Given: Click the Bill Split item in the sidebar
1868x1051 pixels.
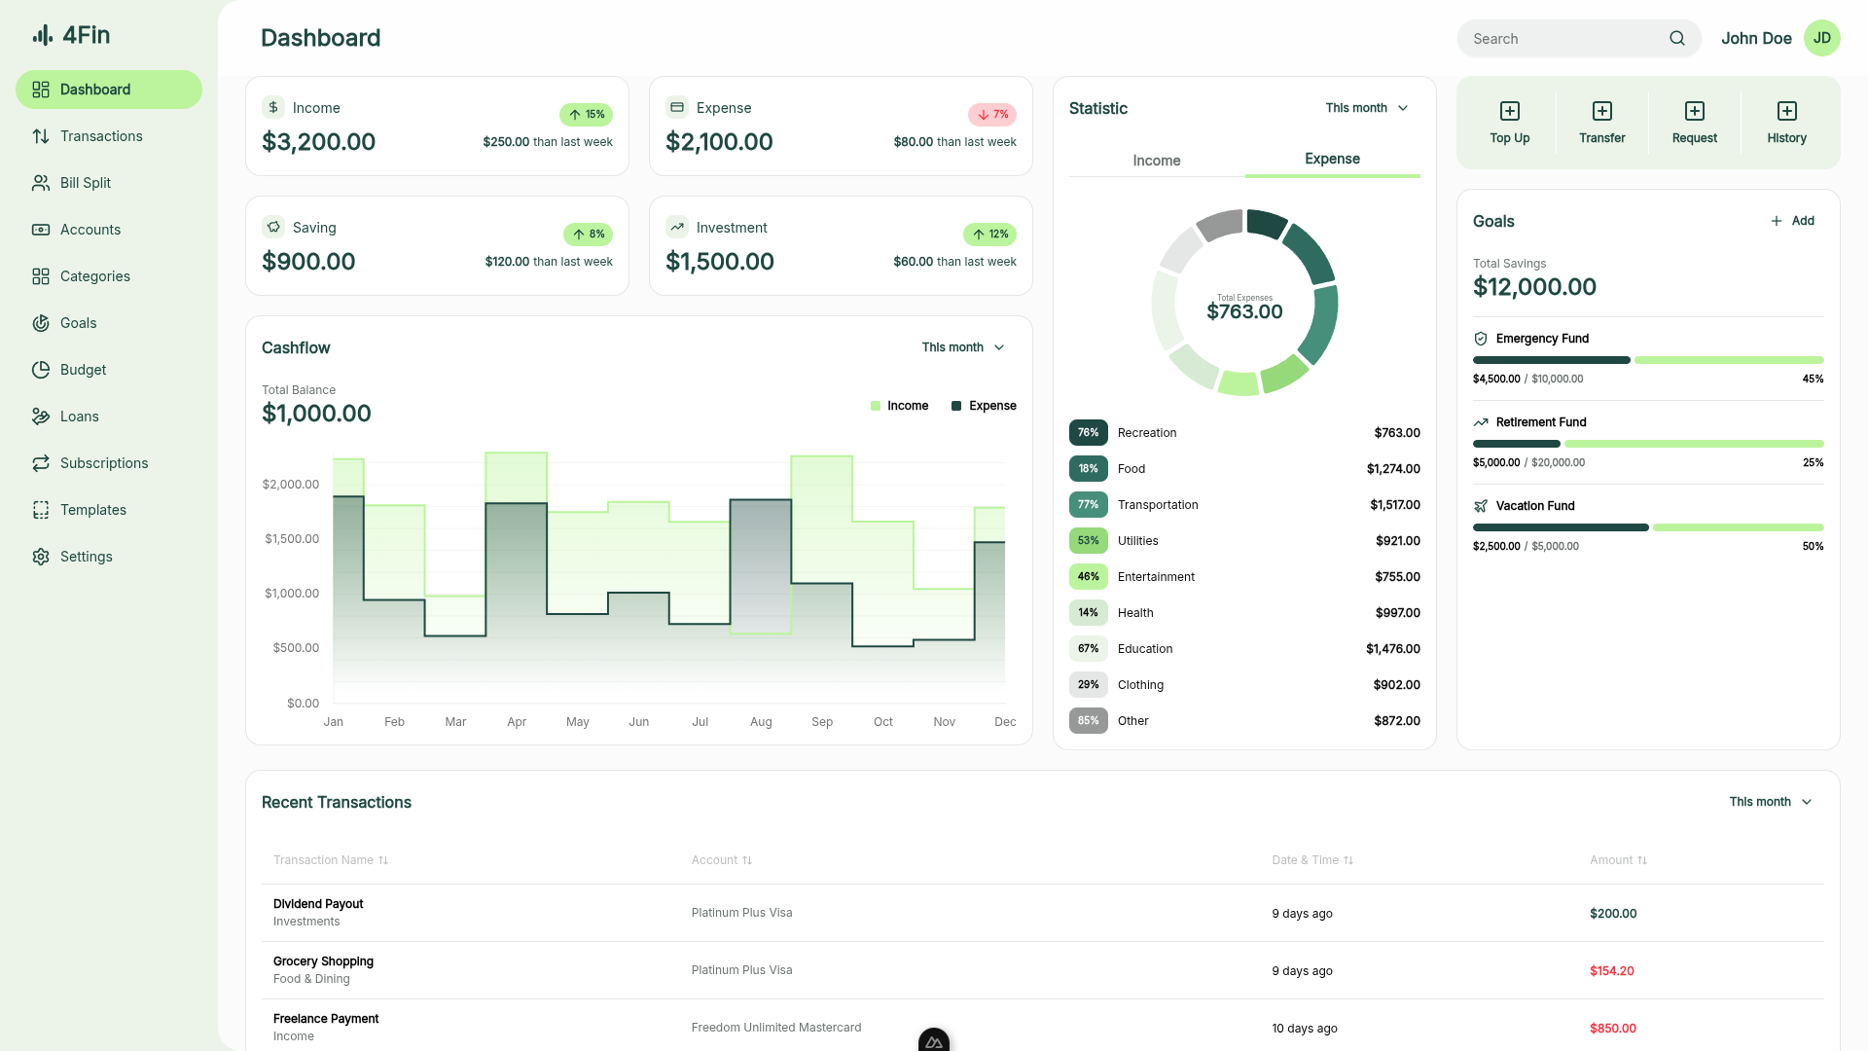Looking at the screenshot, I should [x=86, y=183].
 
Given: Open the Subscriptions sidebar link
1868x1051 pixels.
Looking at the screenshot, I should [x=103, y=463].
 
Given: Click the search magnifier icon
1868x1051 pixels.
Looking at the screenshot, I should [x=1677, y=39].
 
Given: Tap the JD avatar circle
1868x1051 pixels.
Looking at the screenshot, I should [x=1821, y=38].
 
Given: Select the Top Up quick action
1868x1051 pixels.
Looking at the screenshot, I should [x=1509, y=123].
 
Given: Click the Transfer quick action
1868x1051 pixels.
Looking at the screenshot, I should [x=1601, y=123].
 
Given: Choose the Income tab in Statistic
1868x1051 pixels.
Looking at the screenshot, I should [x=1156, y=161].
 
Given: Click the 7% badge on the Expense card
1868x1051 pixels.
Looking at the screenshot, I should [x=992, y=115].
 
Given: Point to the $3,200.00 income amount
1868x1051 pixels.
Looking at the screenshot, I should [x=318, y=142].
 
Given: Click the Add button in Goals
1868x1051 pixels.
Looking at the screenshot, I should [x=1792, y=221].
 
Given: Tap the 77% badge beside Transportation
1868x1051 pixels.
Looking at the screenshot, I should [x=1088, y=505].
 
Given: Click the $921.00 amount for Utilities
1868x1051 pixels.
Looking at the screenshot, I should [x=1397, y=541].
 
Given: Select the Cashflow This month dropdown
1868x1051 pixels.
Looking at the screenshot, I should [x=962, y=347].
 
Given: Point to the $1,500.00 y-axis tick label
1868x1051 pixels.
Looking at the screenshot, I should [x=292, y=539].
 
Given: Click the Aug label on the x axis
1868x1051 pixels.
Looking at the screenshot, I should [x=761, y=722].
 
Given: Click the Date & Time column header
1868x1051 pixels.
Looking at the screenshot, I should [x=1311, y=860].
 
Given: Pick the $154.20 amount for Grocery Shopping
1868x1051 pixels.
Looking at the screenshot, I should [x=1611, y=971].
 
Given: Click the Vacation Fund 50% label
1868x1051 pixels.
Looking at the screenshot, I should [x=1813, y=547].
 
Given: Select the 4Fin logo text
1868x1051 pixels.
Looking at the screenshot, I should [x=86, y=35].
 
